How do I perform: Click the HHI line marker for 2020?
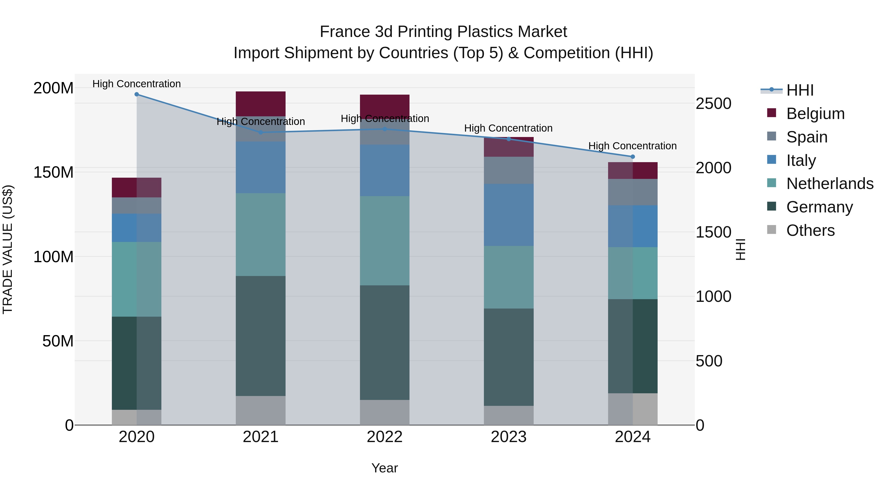137,94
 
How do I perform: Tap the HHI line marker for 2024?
632,157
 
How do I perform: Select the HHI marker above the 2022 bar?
385,129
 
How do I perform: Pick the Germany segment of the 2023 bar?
509,357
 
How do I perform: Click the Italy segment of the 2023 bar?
509,215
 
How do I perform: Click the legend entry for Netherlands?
830,184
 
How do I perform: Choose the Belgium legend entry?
815,114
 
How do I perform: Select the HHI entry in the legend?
800,90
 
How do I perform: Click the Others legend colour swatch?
772,230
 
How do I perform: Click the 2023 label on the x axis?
509,437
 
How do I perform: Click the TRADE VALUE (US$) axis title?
8,249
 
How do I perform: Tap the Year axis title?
385,468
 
